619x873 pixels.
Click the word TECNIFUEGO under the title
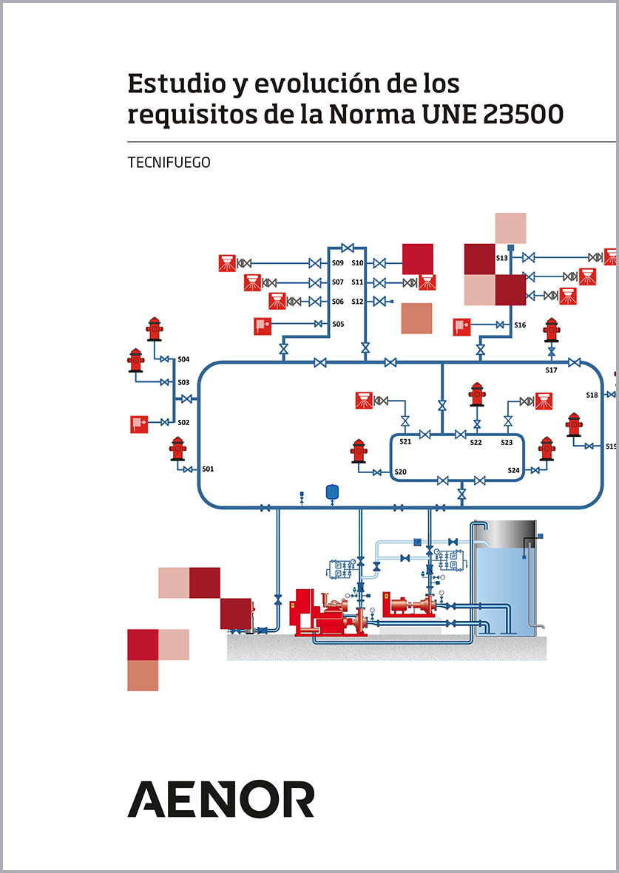(169, 163)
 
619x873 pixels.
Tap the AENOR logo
(221, 799)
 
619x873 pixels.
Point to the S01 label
(208, 469)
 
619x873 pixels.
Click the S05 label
(338, 324)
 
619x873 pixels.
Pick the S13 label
(501, 258)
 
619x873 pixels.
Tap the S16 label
(520, 325)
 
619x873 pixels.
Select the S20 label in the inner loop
(400, 472)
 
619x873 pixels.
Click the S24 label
(514, 470)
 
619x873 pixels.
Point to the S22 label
(476, 442)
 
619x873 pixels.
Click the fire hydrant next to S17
(552, 330)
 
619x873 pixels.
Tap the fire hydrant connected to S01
(177, 449)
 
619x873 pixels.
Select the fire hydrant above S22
(477, 394)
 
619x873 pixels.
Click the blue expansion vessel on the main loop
(332, 492)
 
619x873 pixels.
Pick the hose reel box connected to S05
(263, 325)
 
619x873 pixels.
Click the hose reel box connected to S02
(140, 424)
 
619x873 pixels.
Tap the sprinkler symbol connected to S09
(227, 262)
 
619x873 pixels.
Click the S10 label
(357, 262)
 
